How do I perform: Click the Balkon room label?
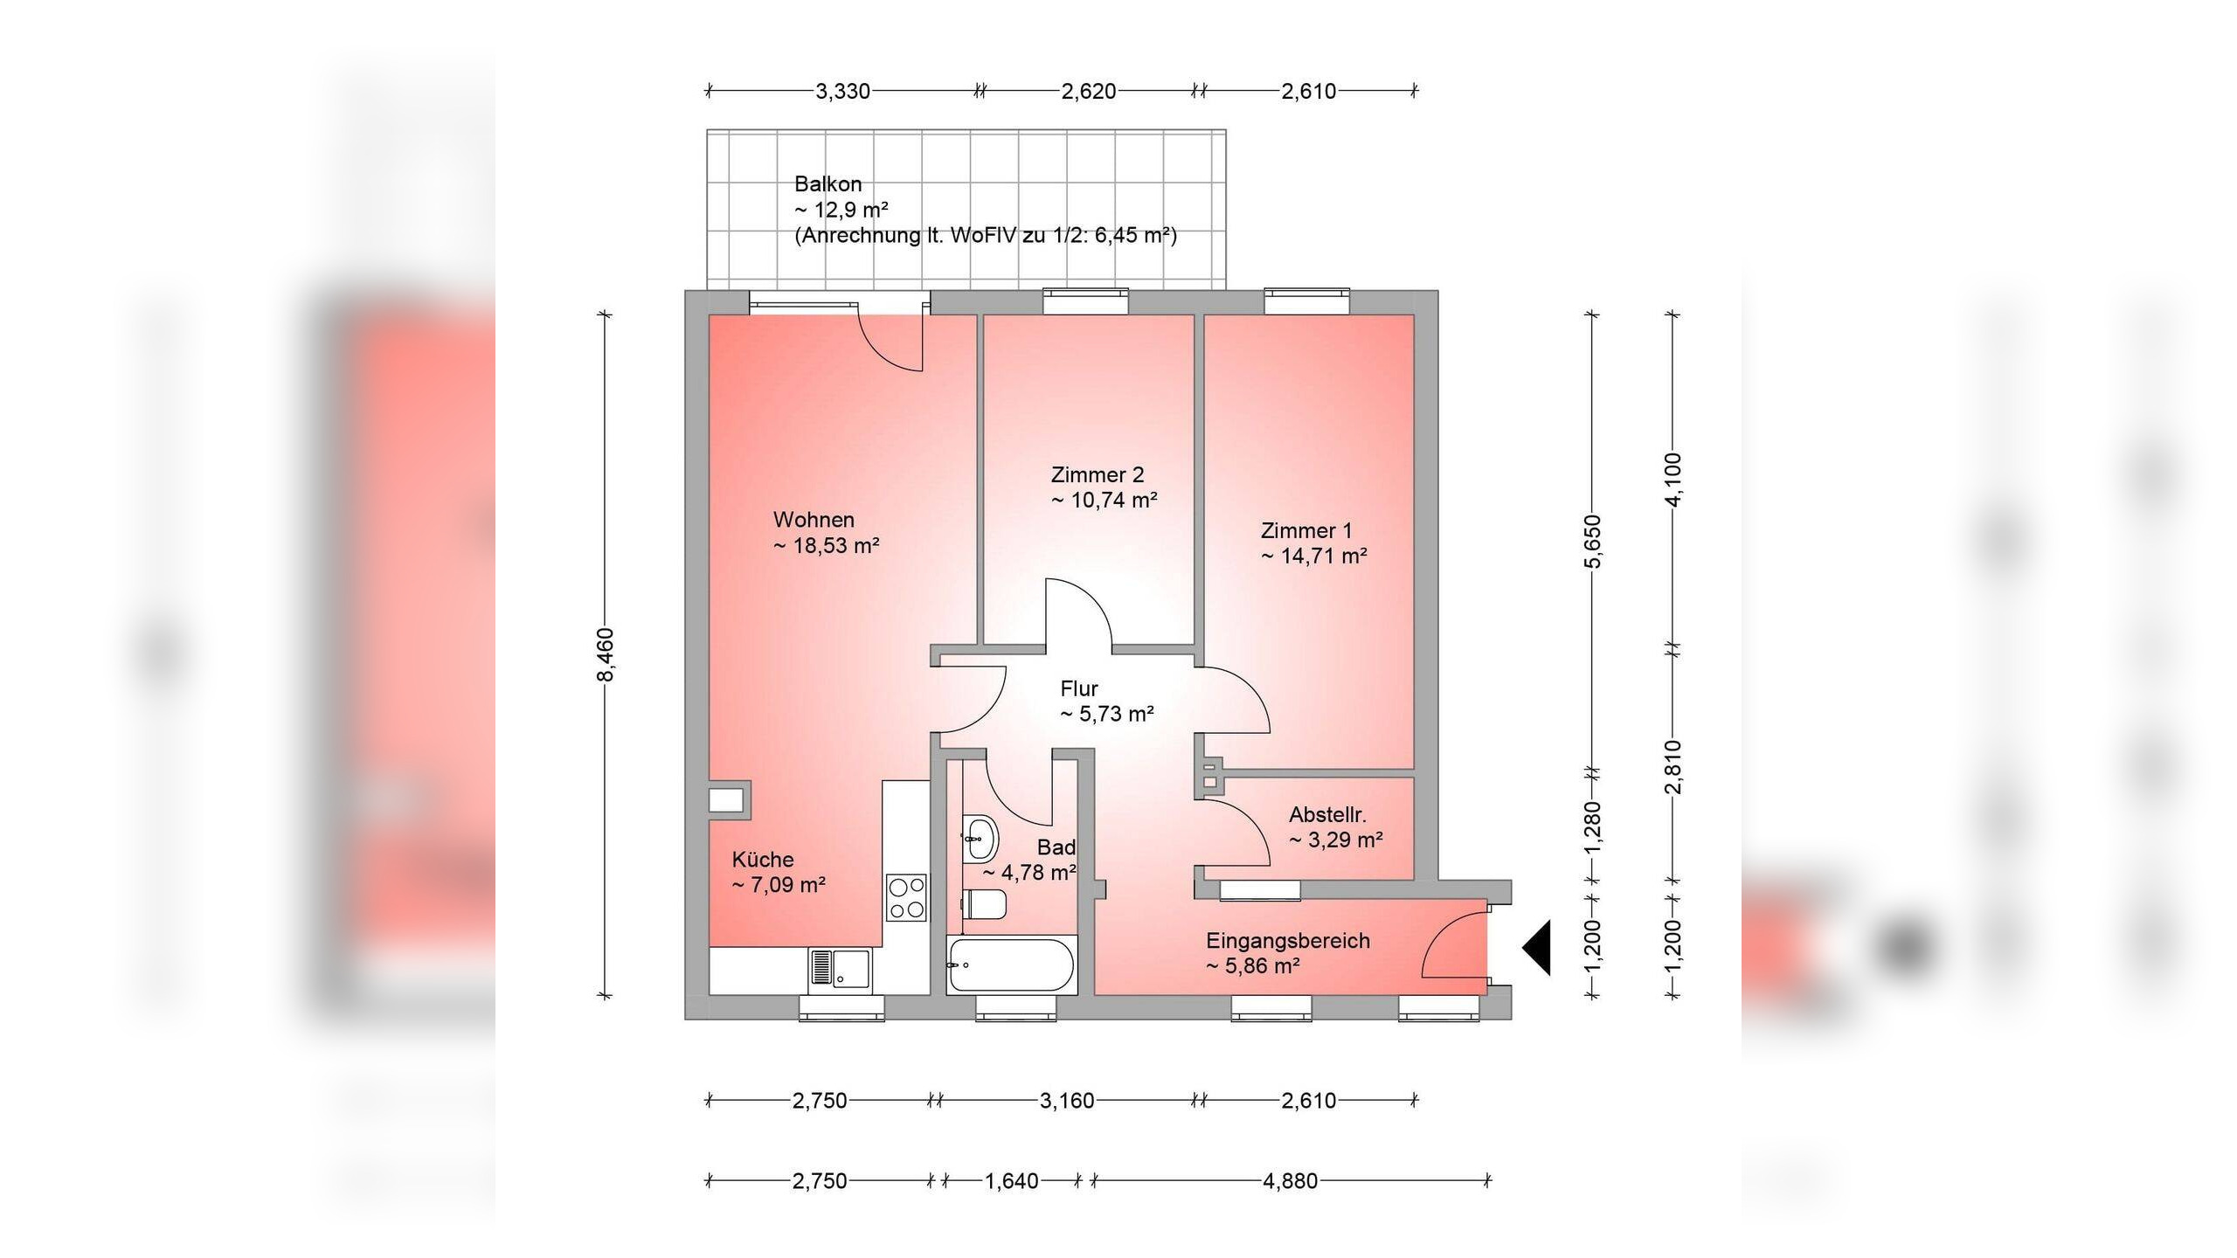click(x=828, y=184)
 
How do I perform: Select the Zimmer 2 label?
click(x=1097, y=475)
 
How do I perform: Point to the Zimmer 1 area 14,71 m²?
click(x=1313, y=556)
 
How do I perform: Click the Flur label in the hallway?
click(x=1079, y=688)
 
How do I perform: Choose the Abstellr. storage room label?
click(x=1327, y=815)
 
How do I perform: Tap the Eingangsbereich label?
click(x=1288, y=941)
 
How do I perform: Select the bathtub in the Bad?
click(x=1011, y=964)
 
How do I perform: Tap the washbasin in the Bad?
click(x=980, y=839)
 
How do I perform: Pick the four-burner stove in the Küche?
click(x=906, y=898)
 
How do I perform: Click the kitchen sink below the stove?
click(x=840, y=970)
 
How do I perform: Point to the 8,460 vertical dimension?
click(x=606, y=654)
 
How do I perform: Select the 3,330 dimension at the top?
click(x=842, y=91)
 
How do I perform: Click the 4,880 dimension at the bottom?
click(x=1290, y=1181)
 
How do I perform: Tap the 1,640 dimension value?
click(x=1012, y=1181)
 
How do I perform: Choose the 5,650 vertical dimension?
click(x=1592, y=542)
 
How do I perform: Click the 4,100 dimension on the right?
click(x=1673, y=480)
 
